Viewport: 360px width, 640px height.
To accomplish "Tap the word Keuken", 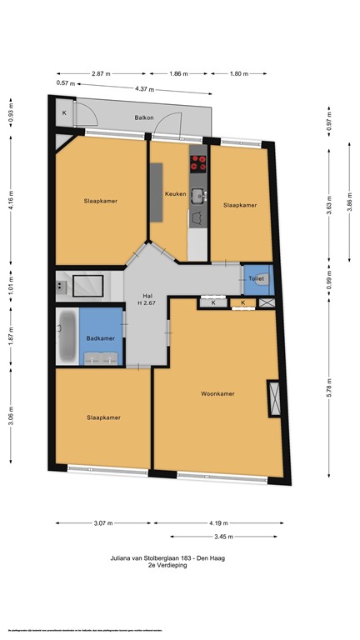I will (x=175, y=194).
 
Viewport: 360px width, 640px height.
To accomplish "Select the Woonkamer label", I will (x=217, y=393).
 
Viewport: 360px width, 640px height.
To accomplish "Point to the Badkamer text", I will (x=100, y=337).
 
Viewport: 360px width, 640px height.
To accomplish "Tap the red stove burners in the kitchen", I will (x=198, y=162).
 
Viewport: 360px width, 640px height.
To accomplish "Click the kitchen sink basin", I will (x=198, y=196).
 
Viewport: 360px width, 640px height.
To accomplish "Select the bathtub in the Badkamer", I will (x=67, y=335).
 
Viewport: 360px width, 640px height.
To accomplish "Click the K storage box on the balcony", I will (x=64, y=112).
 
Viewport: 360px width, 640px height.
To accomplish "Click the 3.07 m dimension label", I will (x=102, y=523).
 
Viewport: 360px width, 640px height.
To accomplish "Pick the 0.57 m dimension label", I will (x=66, y=83).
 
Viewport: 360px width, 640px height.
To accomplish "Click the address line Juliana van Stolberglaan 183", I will (x=175, y=557).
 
